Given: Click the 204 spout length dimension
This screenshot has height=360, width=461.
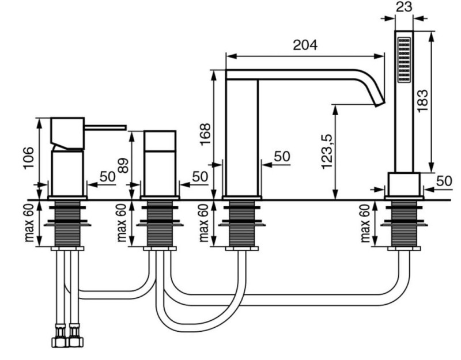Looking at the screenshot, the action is click(305, 46).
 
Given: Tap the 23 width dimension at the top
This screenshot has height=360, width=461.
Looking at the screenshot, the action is click(404, 6).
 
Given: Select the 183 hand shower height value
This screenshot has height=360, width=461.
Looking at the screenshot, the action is click(422, 100).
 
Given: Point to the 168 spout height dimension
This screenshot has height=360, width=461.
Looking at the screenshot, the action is click(205, 134).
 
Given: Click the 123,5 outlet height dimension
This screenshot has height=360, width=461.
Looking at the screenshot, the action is click(327, 151).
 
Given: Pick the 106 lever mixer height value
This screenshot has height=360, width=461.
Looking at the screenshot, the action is click(29, 158).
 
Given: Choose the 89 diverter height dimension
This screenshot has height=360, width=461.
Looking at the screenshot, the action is click(123, 165).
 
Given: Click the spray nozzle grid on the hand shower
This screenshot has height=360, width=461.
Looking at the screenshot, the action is click(404, 60).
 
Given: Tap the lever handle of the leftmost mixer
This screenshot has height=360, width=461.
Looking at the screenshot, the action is click(105, 127).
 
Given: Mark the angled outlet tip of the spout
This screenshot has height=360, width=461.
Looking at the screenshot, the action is click(379, 103).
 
